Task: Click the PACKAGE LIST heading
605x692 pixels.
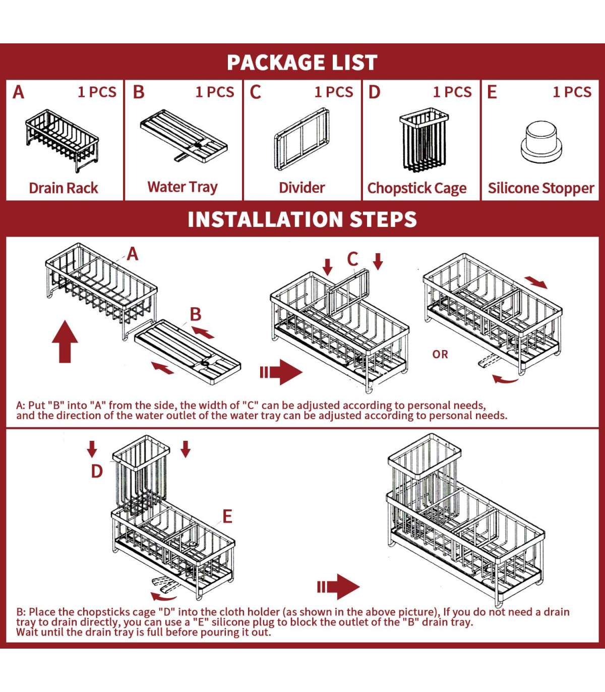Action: [x=302, y=63]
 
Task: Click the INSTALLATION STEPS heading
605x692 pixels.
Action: [x=302, y=219]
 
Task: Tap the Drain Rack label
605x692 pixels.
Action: [x=64, y=188]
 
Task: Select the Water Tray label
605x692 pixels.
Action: [x=183, y=187]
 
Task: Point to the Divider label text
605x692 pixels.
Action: [x=302, y=188]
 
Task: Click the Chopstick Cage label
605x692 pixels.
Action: [x=417, y=189]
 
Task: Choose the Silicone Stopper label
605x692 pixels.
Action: [x=541, y=188]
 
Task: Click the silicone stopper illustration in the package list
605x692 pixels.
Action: [x=541, y=142]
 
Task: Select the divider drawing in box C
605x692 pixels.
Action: [x=302, y=139]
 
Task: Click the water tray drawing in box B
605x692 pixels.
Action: [x=184, y=136]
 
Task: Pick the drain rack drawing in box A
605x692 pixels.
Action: [x=62, y=141]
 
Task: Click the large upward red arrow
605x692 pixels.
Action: [x=65, y=341]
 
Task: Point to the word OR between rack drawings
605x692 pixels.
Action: [x=440, y=355]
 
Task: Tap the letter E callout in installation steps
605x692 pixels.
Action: [x=227, y=516]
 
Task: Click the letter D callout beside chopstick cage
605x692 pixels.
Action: [x=97, y=471]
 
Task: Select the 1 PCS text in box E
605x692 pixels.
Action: [x=572, y=92]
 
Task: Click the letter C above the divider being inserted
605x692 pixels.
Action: [x=352, y=259]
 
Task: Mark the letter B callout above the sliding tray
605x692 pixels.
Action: [x=195, y=314]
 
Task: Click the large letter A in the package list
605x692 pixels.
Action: [x=19, y=92]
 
